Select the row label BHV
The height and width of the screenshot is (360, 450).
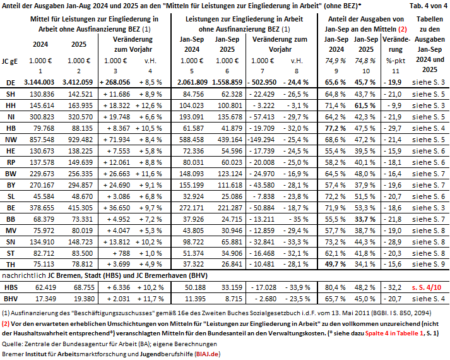pyautogui.click(x=11, y=299)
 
